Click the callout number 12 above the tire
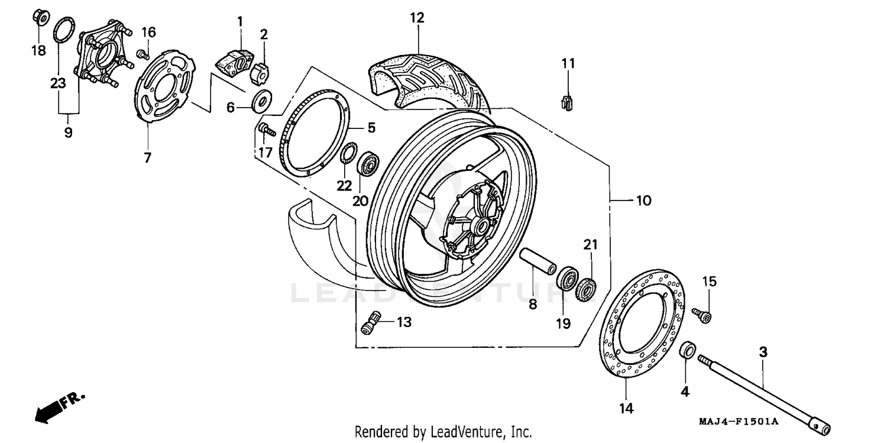(x=417, y=18)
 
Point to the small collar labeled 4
(x=687, y=350)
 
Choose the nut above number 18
(x=38, y=17)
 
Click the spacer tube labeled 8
(x=537, y=263)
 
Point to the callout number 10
(x=643, y=201)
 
